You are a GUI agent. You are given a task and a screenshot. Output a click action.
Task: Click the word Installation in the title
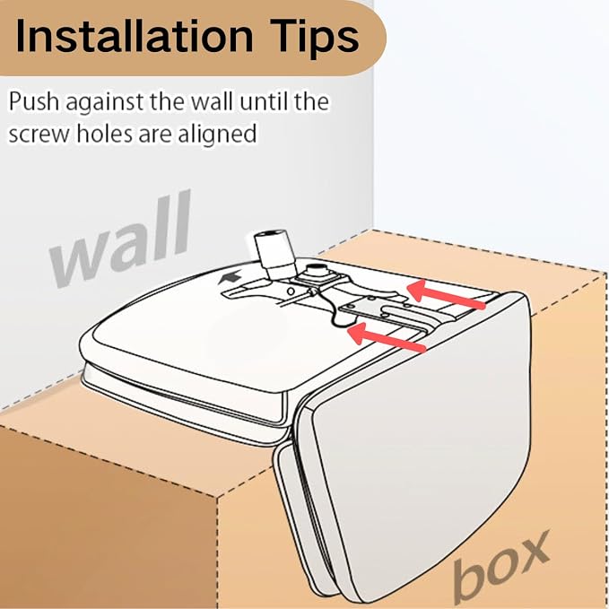click(x=135, y=36)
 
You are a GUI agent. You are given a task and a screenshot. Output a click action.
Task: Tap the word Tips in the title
click(x=315, y=38)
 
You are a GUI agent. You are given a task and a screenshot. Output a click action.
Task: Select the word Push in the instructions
click(x=34, y=101)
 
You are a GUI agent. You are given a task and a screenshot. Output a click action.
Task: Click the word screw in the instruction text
click(x=39, y=134)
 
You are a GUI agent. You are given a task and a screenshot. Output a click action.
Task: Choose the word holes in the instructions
click(x=104, y=133)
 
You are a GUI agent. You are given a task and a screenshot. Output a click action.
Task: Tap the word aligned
click(x=217, y=135)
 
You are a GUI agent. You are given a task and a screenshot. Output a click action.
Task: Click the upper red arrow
click(x=446, y=295)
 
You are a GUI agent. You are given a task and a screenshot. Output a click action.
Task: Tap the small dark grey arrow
click(x=230, y=278)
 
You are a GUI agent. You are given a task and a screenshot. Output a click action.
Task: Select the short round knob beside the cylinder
click(x=315, y=270)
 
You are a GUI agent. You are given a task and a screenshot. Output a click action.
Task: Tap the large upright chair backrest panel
click(x=422, y=447)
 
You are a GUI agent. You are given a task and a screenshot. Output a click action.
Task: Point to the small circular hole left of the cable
click(x=290, y=291)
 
